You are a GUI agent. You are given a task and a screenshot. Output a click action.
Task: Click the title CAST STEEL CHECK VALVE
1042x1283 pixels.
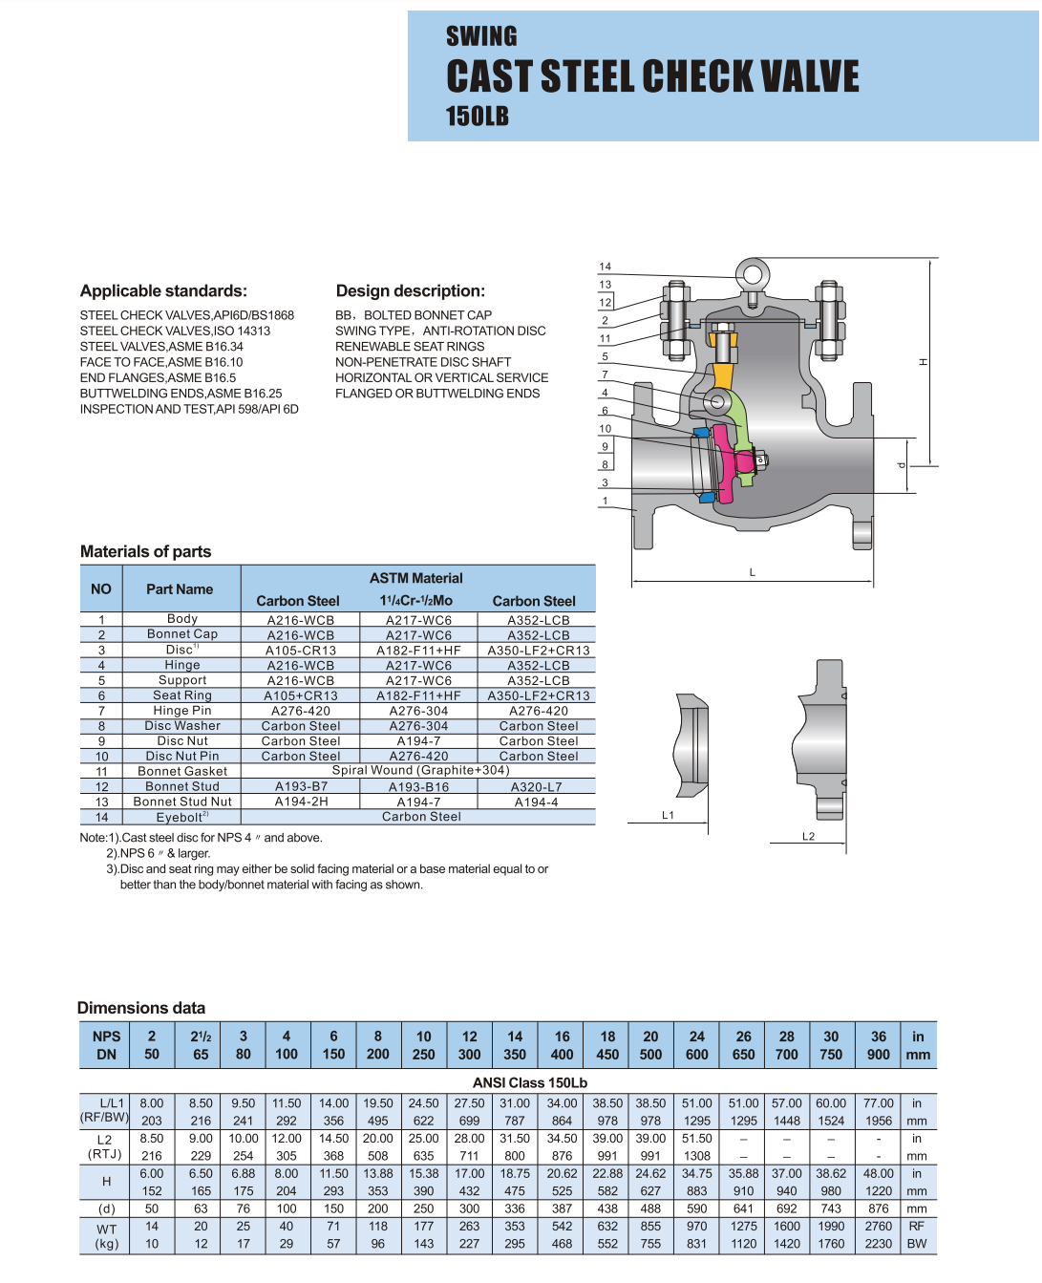(652, 76)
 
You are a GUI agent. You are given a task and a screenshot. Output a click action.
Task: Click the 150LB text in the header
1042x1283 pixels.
(477, 117)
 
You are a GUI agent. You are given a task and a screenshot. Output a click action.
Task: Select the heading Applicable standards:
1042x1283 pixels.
(163, 291)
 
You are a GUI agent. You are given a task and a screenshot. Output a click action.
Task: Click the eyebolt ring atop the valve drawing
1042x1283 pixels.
(752, 274)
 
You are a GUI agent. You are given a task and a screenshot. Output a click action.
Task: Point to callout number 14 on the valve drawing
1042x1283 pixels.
(605, 267)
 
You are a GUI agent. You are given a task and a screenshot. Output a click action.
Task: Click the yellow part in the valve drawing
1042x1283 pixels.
(723, 375)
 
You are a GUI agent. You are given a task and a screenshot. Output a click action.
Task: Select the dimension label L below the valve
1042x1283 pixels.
(753, 572)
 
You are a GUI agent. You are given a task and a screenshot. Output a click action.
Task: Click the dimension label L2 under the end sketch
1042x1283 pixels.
(808, 836)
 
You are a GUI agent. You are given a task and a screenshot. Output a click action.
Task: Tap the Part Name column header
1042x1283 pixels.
(180, 589)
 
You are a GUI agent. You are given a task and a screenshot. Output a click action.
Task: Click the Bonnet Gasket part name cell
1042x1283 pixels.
(182, 771)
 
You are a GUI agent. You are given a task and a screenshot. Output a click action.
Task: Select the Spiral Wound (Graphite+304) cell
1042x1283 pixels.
(420, 770)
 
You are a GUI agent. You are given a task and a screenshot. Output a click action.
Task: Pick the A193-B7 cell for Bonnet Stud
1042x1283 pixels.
(301, 786)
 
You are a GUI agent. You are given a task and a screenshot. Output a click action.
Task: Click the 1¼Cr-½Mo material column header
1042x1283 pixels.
(416, 601)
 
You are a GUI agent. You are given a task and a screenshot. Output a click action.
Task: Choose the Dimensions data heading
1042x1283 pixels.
(141, 1008)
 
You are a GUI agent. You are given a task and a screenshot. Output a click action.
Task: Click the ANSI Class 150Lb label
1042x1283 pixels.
(530, 1082)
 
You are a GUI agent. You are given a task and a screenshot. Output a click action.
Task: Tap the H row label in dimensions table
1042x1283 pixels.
(106, 1182)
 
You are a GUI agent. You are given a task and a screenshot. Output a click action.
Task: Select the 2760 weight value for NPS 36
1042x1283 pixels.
(878, 1226)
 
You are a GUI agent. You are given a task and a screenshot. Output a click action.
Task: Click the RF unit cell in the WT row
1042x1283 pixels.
(917, 1226)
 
